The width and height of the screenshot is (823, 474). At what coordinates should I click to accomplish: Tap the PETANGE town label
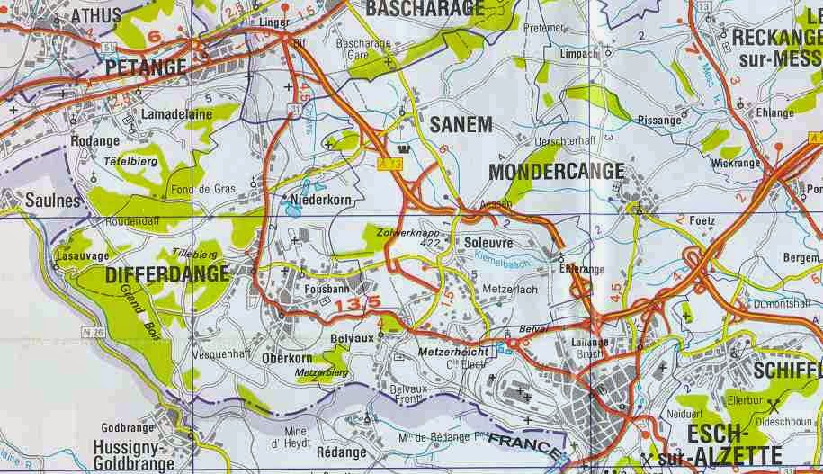click(146, 67)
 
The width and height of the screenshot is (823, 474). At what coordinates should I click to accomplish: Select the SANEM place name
click(461, 125)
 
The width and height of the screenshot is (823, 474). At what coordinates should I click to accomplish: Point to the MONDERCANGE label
click(556, 170)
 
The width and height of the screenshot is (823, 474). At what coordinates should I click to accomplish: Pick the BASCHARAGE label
click(426, 9)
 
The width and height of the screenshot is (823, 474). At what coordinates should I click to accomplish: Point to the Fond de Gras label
click(203, 189)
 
